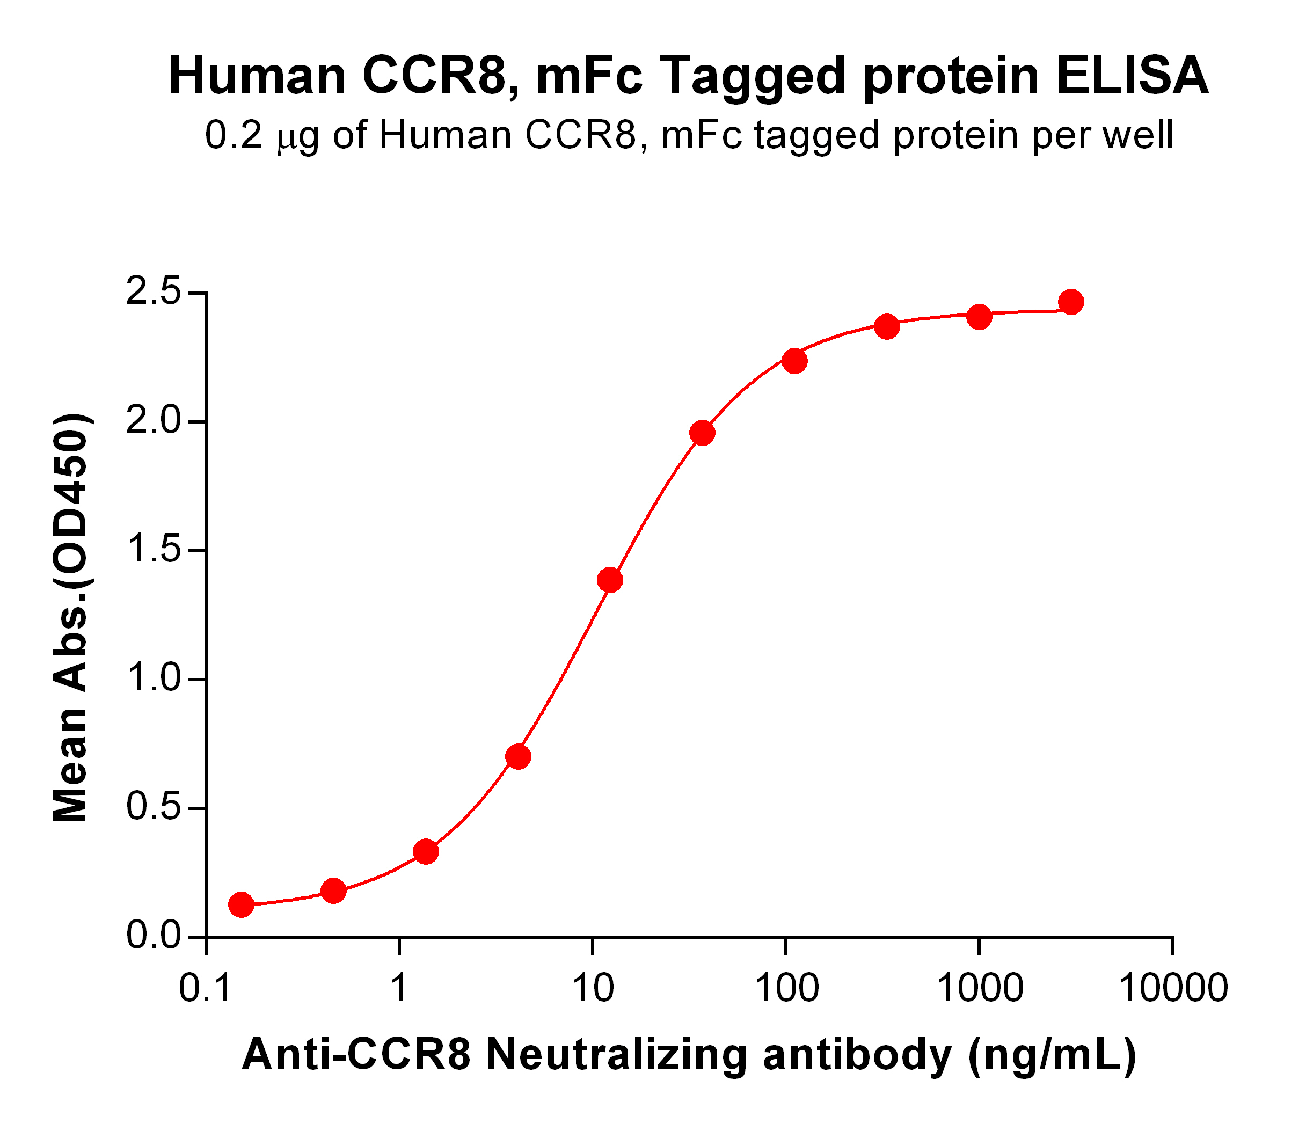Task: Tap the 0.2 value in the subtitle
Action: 233,136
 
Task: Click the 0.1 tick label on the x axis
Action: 206,987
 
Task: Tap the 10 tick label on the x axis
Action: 592,987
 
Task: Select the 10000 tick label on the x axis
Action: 1172,987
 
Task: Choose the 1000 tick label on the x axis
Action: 980,987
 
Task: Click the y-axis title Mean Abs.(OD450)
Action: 71,618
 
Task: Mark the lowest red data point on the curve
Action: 241,904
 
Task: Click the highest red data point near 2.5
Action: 1071,302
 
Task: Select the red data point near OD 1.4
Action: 609,579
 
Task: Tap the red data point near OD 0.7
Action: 518,756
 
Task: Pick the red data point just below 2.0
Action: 702,433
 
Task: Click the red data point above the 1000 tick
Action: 979,317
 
